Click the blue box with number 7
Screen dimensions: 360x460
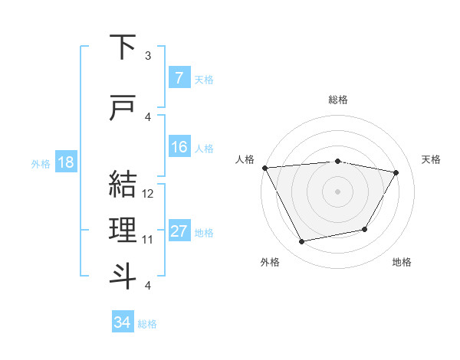click(x=179, y=78)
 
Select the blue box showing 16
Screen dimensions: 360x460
click(x=179, y=147)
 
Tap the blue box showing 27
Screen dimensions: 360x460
click(x=179, y=231)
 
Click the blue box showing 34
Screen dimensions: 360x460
click(x=122, y=322)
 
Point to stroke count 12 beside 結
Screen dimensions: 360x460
click(x=149, y=194)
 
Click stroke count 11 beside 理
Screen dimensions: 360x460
click(x=149, y=240)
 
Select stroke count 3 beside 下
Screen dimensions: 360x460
click(x=149, y=56)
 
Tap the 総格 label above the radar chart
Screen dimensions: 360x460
click(x=338, y=100)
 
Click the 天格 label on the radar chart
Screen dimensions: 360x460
click(x=432, y=159)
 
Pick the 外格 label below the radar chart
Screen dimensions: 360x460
click(x=270, y=263)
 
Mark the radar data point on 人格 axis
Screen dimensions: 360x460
click(x=264, y=168)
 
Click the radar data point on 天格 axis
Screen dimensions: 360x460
click(x=396, y=172)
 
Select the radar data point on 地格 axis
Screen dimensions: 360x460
click(x=365, y=229)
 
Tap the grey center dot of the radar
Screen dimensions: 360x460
click(x=338, y=191)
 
